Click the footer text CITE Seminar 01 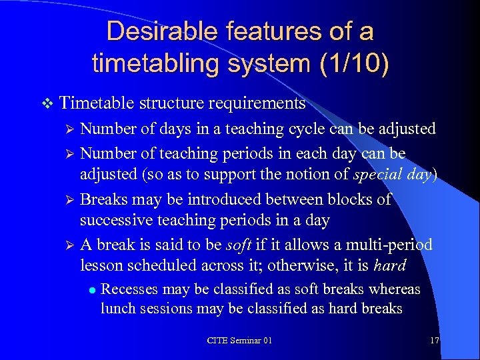[x=239, y=341]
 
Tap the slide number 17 [x=434, y=341]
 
